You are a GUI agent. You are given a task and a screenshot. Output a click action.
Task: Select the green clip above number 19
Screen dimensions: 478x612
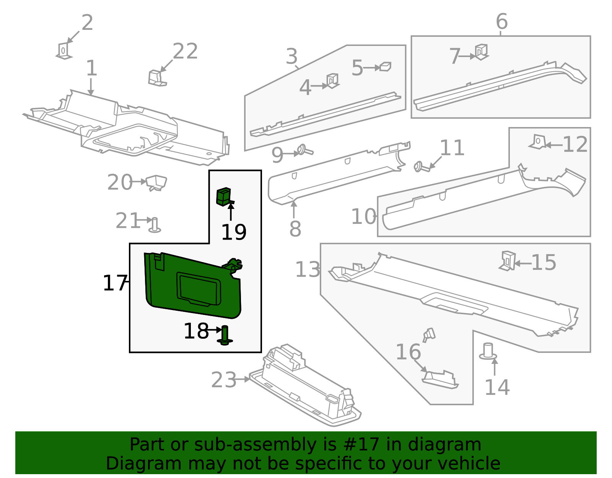click(x=224, y=197)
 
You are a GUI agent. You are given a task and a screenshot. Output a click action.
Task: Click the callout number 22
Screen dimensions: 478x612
click(x=185, y=51)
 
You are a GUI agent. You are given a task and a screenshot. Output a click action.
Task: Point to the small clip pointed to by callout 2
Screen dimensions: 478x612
click(x=64, y=51)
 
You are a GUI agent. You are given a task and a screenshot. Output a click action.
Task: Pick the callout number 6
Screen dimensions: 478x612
click(x=501, y=21)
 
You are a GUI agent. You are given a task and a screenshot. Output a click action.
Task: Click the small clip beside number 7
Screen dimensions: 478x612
click(x=481, y=52)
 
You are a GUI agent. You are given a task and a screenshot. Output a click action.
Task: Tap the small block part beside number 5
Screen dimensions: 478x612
click(x=385, y=67)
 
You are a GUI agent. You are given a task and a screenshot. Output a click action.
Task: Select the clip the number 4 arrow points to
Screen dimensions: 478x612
click(x=332, y=80)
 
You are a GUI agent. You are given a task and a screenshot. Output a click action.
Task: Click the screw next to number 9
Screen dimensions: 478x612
click(x=304, y=150)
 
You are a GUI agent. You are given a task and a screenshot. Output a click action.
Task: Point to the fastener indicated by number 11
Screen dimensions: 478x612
click(x=421, y=167)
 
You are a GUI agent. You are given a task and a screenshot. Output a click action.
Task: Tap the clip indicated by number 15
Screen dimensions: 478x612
click(x=508, y=261)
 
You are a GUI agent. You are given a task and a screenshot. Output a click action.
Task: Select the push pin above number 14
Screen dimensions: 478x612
click(x=488, y=351)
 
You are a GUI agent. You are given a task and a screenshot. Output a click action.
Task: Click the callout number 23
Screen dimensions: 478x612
click(x=224, y=380)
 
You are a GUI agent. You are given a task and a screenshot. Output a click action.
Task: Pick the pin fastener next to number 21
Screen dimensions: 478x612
click(x=155, y=225)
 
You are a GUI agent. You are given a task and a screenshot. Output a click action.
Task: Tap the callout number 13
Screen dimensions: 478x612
click(x=308, y=270)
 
